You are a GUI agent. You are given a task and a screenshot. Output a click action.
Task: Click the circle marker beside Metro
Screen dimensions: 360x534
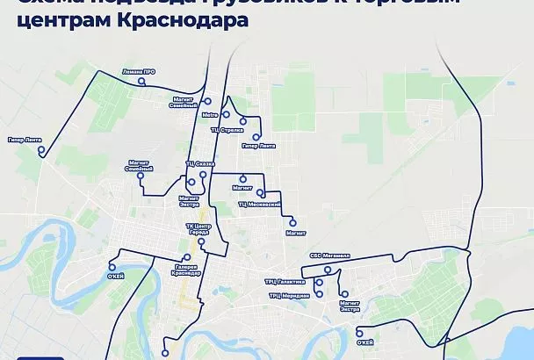pos(226,114)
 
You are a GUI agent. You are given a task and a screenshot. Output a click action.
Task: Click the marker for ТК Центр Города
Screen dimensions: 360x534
pos(202,241)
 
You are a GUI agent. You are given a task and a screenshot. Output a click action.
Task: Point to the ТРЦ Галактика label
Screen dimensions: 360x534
pos(290,282)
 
